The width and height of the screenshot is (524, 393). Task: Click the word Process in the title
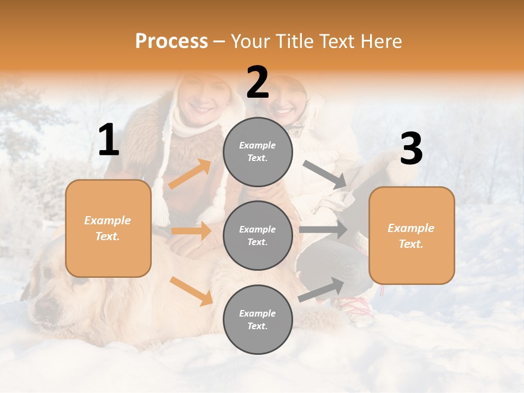tap(171, 41)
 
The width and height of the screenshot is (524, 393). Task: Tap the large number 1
tap(109, 140)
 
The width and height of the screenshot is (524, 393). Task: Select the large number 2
tap(258, 82)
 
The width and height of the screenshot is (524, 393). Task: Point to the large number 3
tap(411, 149)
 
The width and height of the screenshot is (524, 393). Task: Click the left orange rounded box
tap(108, 228)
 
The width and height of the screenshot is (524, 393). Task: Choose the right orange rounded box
tap(412, 235)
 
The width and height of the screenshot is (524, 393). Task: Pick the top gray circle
tap(258, 152)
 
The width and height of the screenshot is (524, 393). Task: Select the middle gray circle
tap(258, 235)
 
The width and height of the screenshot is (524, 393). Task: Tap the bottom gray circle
tap(258, 319)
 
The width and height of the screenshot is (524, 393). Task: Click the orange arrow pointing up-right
tap(190, 174)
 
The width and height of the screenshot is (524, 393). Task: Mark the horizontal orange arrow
tap(192, 231)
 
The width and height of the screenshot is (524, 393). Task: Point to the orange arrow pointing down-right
tap(192, 291)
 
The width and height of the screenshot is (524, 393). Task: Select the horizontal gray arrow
tap(323, 230)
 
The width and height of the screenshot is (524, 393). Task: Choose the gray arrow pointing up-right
tap(321, 289)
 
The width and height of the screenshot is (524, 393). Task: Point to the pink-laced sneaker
tap(355, 311)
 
